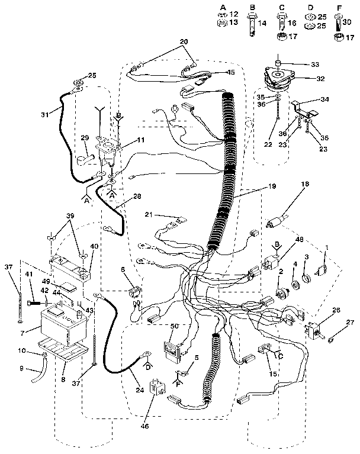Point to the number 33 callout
point(315,64)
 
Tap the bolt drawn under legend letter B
point(252,27)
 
